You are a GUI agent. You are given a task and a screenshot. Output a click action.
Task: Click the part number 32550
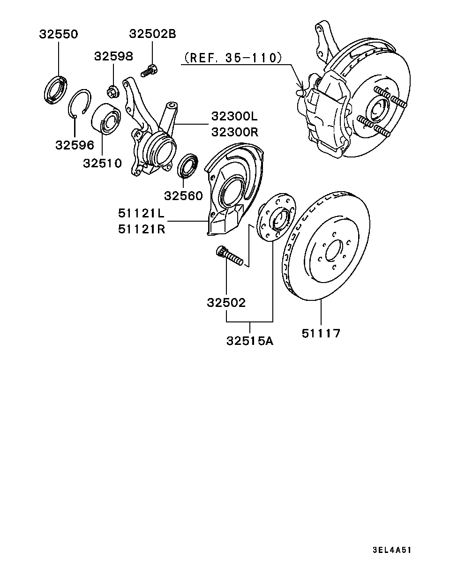tap(58, 34)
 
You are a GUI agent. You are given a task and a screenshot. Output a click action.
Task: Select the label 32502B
tap(152, 34)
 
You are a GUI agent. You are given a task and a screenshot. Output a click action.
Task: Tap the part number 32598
tap(113, 56)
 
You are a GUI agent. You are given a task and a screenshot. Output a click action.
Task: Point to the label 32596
tap(75, 145)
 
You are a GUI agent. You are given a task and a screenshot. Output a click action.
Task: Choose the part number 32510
tap(102, 163)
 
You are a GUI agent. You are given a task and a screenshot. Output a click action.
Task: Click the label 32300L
tap(234, 116)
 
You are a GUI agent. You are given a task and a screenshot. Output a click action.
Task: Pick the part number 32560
tap(183, 195)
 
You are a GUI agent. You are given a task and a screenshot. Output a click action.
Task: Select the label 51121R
tap(141, 230)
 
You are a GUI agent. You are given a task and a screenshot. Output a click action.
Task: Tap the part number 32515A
tap(249, 341)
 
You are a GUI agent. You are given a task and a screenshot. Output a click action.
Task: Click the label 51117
tap(321, 333)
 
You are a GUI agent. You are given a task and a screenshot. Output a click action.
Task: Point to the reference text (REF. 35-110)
tap(233, 58)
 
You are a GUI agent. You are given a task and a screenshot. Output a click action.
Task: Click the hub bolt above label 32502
tap(229, 256)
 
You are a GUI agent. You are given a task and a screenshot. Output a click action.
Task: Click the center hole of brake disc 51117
tap(333, 251)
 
